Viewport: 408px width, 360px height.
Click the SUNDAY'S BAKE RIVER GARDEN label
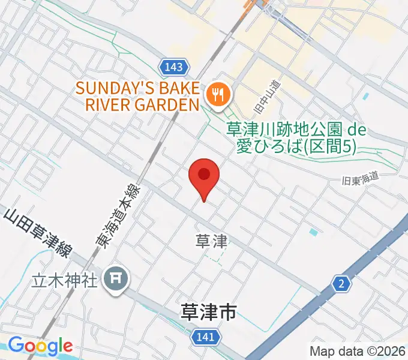click(x=137, y=97)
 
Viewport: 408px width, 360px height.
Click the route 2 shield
click(x=341, y=284)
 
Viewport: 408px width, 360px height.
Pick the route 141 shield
click(x=205, y=338)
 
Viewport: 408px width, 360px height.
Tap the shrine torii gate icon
click(x=115, y=278)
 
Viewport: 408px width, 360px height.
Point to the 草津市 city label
click(x=208, y=312)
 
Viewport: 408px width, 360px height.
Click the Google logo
click(x=40, y=346)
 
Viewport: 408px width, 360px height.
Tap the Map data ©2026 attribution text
click(x=358, y=351)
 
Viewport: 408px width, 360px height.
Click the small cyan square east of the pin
click(x=313, y=232)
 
